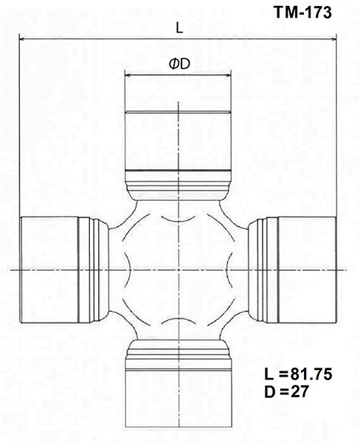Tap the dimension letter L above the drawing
coord(179,28)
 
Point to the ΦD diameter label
coord(179,65)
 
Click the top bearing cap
coord(179,140)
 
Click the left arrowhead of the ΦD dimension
coord(127,75)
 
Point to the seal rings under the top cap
coord(179,180)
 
